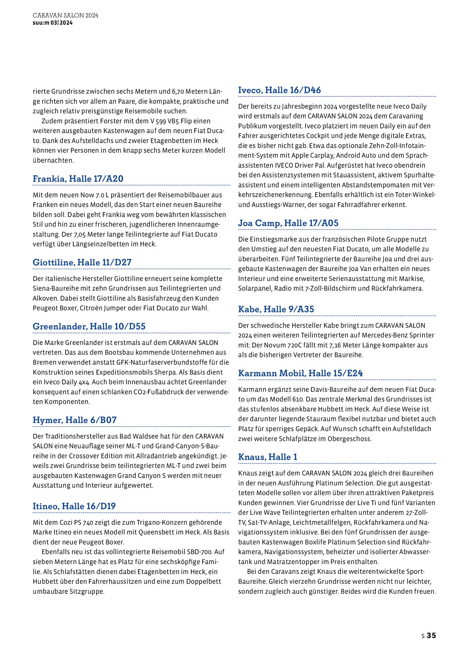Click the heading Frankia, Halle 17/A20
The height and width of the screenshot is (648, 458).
click(78, 179)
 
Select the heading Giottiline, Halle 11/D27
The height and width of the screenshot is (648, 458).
click(82, 262)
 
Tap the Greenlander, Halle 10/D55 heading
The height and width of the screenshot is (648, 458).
click(89, 326)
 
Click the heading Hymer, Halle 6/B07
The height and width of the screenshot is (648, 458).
click(75, 420)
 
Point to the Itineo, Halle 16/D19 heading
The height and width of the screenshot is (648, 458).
click(74, 506)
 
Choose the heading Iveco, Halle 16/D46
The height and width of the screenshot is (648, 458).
click(279, 90)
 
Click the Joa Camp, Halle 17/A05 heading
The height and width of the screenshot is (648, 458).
click(288, 223)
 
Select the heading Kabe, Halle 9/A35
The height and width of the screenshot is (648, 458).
click(276, 309)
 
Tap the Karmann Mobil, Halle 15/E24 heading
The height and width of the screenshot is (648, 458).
click(300, 373)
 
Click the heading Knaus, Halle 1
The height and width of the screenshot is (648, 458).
click(268, 457)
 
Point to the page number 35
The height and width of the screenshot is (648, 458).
click(431, 635)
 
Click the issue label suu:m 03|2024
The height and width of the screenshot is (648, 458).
click(53, 23)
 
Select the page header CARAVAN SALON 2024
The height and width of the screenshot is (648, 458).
click(65, 16)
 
